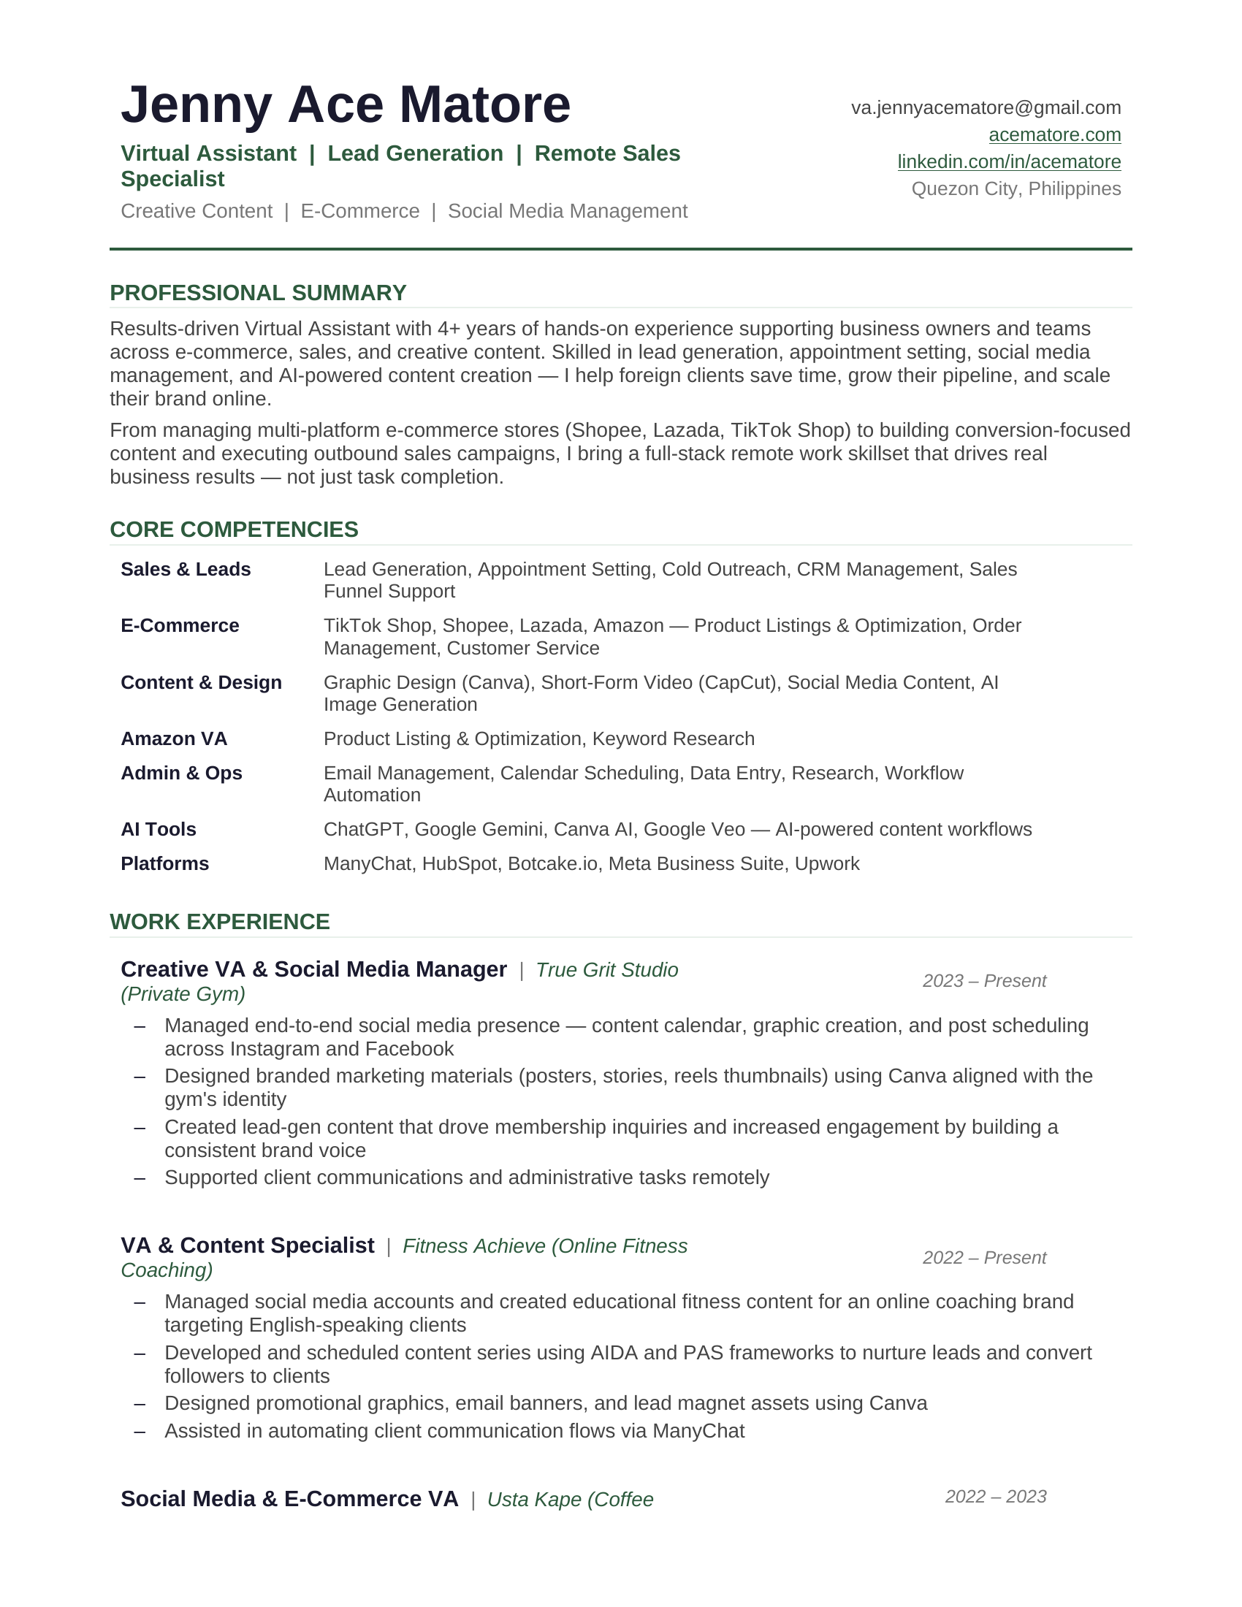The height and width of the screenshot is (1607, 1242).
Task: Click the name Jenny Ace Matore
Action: coord(345,104)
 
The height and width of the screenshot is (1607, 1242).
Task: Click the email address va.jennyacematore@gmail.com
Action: coord(986,108)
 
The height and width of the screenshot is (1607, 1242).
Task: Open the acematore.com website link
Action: coord(1054,134)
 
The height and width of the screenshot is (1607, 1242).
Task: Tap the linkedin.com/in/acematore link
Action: coord(1009,162)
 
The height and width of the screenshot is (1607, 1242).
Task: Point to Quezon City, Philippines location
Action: coord(1016,189)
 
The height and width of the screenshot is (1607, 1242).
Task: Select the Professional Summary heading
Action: coord(257,293)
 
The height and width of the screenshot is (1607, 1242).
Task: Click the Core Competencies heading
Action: coord(233,530)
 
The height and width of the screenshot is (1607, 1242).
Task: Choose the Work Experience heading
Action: coord(219,922)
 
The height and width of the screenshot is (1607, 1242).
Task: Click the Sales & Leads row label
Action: coord(186,570)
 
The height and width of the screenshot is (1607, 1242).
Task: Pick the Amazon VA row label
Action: coord(174,738)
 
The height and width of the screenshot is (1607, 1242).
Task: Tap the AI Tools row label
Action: coord(159,829)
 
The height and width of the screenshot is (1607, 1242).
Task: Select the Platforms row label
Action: coord(165,864)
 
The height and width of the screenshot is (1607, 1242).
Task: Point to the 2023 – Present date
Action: coord(984,981)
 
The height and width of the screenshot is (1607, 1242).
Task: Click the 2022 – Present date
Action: coord(984,1258)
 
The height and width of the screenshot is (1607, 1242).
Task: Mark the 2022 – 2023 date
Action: coord(996,1497)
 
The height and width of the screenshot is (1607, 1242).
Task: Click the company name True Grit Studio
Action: coord(606,970)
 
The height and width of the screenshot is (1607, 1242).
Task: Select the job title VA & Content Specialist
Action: coord(247,1245)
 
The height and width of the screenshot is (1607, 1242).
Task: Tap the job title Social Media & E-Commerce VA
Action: coord(289,1499)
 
